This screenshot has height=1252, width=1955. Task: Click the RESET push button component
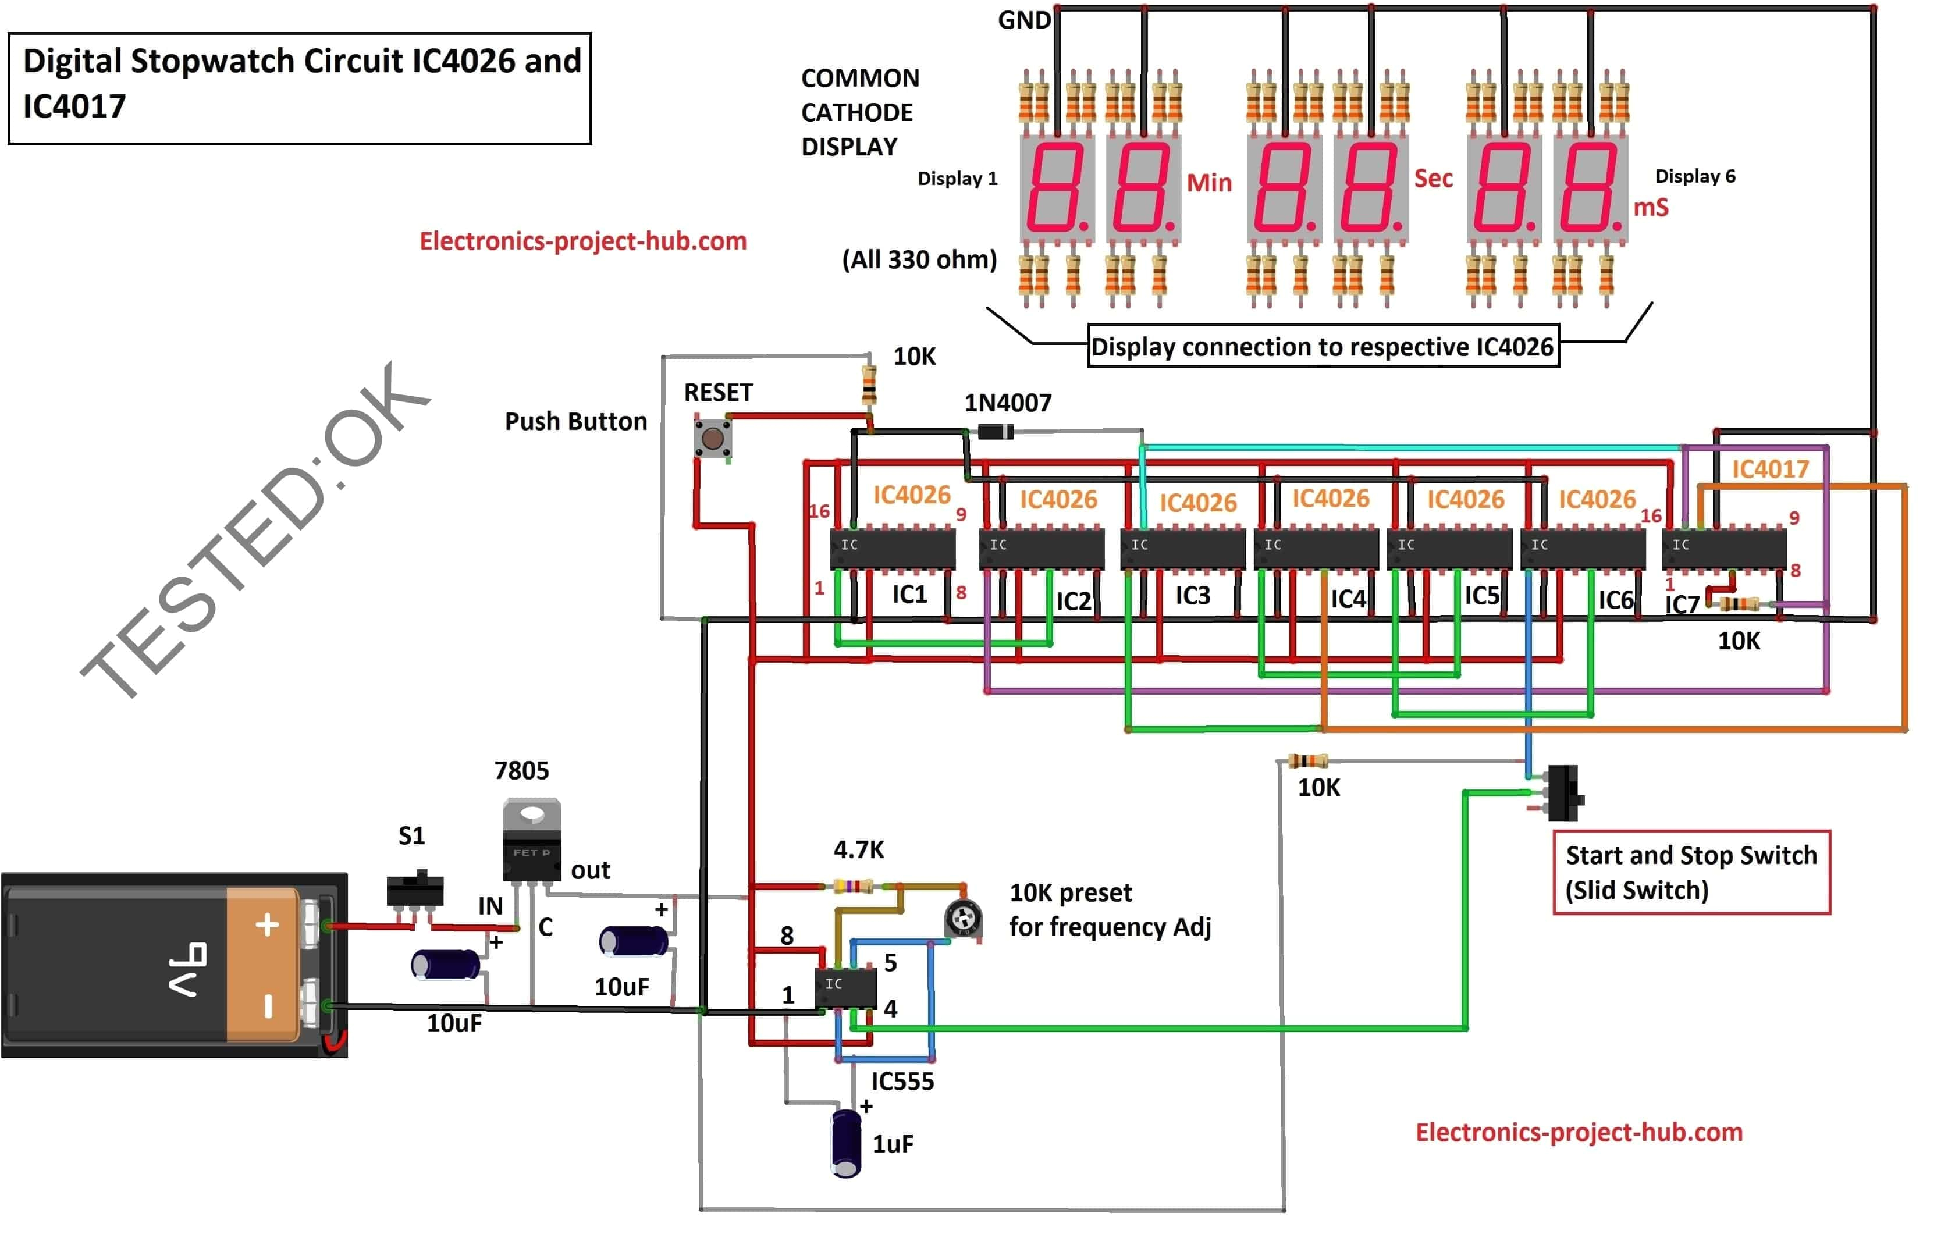[712, 439]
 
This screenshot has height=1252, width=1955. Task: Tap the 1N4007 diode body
[995, 432]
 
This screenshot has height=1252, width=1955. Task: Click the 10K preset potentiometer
[964, 919]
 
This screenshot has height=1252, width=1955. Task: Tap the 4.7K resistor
[854, 886]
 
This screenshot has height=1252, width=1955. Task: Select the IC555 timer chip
[845, 988]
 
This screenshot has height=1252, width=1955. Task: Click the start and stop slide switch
[1562, 792]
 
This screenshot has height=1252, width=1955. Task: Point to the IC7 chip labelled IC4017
[1723, 548]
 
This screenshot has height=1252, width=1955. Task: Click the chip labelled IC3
[1183, 548]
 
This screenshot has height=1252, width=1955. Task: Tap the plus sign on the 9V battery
[266, 925]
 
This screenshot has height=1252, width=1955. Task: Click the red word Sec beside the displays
[1433, 178]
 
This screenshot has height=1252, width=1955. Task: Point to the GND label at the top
[1023, 20]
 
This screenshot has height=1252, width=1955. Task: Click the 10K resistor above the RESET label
[869, 385]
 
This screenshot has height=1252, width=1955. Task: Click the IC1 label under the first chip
[909, 595]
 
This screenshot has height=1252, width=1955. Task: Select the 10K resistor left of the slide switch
[1307, 761]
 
